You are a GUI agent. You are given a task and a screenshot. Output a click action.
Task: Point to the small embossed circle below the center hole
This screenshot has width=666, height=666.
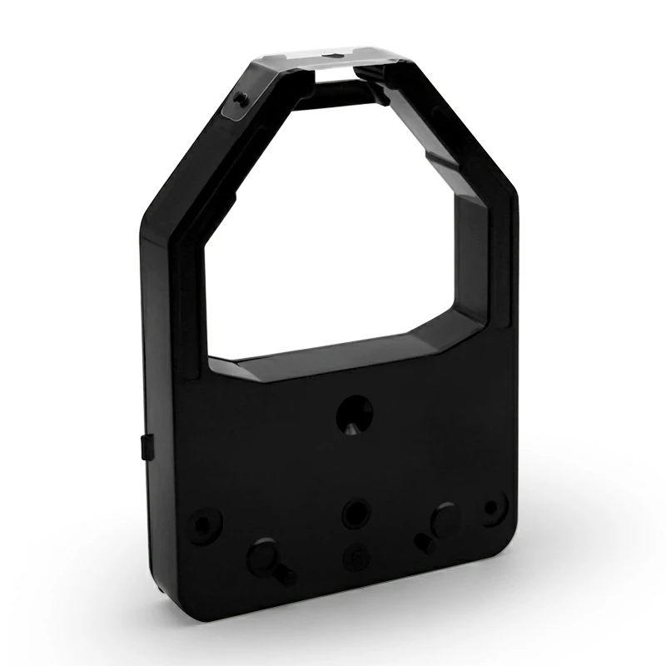pos(354,554)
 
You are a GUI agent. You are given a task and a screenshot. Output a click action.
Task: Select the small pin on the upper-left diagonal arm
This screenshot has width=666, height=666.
pos(240,100)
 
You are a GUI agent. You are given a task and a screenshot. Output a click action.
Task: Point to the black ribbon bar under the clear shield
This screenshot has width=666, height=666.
pos(333,85)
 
